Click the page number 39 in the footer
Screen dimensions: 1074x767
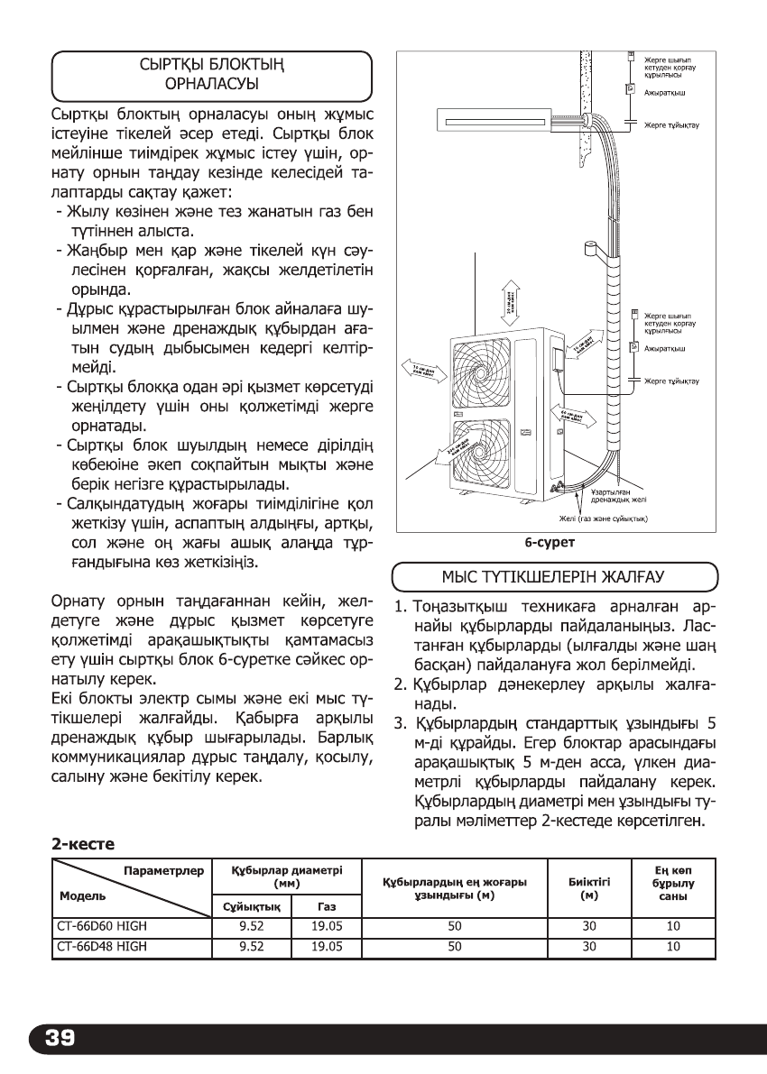click(x=56, y=1038)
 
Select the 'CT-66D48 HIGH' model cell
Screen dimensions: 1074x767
click(x=95, y=947)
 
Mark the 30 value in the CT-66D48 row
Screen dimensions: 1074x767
click(x=590, y=947)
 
